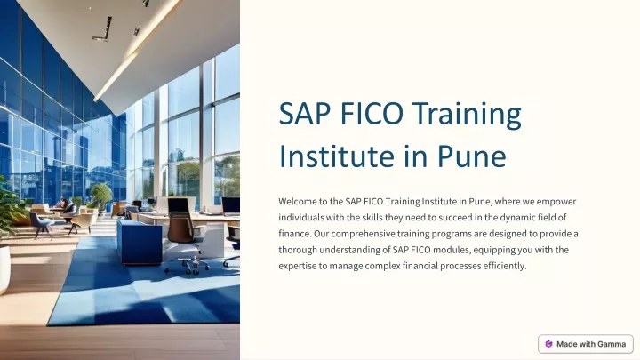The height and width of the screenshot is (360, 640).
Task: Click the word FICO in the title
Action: (x=372, y=113)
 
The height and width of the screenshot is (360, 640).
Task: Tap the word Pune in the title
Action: (x=471, y=156)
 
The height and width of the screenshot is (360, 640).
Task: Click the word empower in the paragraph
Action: (x=556, y=202)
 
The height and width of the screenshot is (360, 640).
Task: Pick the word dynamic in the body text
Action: (x=517, y=218)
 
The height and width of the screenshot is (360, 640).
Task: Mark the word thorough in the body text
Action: (x=298, y=250)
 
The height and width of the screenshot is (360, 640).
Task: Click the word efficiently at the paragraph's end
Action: (x=505, y=266)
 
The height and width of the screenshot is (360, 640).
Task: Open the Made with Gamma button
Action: (x=586, y=344)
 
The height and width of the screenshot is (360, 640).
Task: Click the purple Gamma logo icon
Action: (x=549, y=344)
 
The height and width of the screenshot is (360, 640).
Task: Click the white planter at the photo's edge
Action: (x=4, y=268)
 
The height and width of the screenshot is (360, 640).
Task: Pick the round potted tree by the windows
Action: (x=100, y=195)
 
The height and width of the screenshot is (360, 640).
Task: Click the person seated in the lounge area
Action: (x=68, y=207)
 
